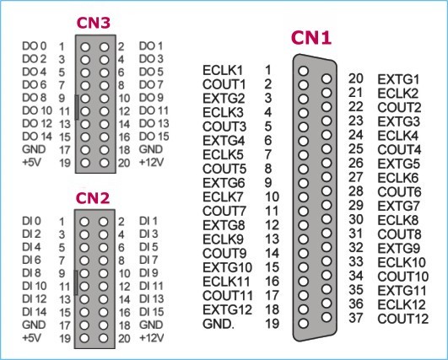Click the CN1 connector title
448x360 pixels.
[311, 38]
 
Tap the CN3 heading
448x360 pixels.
[93, 23]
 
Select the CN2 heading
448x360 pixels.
[93, 198]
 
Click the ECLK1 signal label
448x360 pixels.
[223, 70]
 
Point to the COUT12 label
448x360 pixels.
[403, 319]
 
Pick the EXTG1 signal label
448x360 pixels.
[398, 79]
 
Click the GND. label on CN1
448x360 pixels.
[219, 324]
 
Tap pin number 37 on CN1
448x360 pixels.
[356, 318]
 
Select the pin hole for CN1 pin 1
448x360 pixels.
[303, 71]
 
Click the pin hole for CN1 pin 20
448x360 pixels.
[327, 78]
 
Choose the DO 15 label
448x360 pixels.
[154, 137]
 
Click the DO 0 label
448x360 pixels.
[35, 46]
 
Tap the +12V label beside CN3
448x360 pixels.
[151, 163]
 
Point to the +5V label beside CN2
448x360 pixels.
[32, 338]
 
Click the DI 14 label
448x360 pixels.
[35, 312]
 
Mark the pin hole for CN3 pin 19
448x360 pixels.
[85, 163]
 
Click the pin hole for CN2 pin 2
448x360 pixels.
[104, 222]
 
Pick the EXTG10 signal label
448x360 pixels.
[228, 267]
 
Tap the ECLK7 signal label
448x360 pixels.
[223, 197]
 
